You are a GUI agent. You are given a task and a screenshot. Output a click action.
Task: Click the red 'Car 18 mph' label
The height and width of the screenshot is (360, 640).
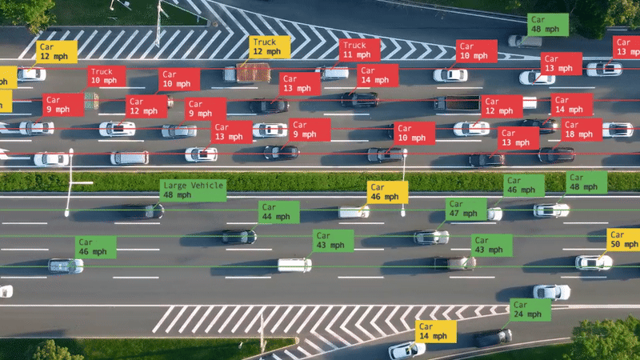(x=581, y=130)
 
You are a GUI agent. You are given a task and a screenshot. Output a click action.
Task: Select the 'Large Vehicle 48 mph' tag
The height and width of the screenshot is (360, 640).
(x=192, y=190)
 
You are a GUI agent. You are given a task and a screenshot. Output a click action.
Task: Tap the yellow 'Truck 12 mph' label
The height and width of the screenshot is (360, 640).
(x=270, y=47)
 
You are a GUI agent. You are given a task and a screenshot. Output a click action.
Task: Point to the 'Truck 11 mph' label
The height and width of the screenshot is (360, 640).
(x=359, y=50)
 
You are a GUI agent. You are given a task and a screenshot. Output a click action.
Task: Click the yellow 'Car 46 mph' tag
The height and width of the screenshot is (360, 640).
(x=387, y=192)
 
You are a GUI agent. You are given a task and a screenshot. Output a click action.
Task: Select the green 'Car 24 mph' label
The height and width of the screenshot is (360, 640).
(x=530, y=310)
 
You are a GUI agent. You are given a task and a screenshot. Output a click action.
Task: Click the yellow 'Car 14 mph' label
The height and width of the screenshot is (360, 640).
(x=436, y=331)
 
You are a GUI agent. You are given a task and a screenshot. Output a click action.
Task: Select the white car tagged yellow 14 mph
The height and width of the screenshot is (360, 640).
(x=406, y=350)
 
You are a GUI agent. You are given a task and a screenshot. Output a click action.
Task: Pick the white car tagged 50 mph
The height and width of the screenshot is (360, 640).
(x=593, y=262)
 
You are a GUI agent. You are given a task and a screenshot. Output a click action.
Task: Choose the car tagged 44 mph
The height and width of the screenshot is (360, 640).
(x=239, y=236)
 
